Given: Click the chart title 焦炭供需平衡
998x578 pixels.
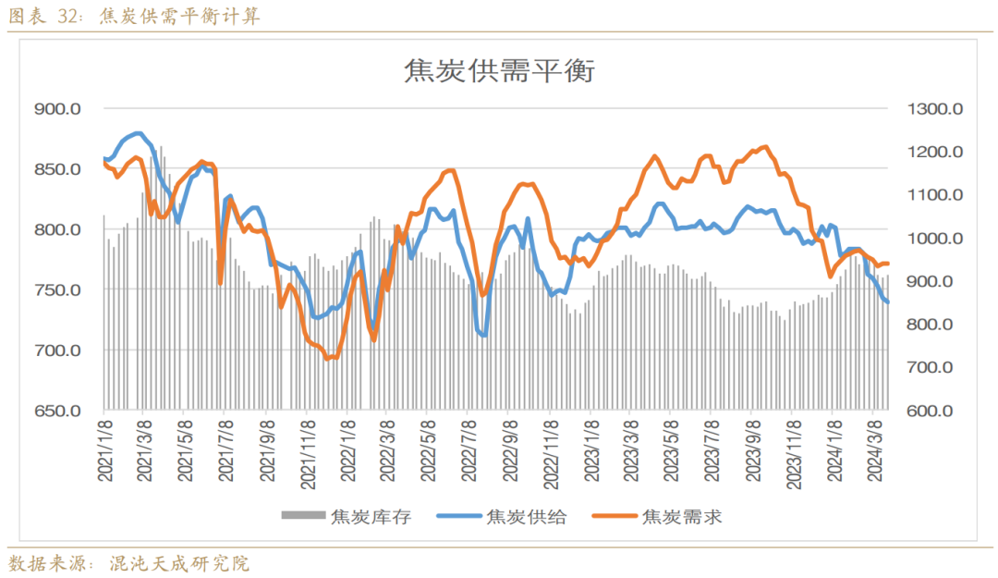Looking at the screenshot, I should click(x=500, y=70).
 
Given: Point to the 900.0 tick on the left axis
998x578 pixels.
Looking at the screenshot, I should click(x=57, y=109).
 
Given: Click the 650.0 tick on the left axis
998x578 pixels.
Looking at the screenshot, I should click(x=57, y=412).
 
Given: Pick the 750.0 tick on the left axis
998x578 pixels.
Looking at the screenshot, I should click(x=57, y=290).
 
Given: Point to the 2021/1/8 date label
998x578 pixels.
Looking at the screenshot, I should click(x=104, y=450).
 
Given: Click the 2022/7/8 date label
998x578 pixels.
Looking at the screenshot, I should click(x=470, y=450).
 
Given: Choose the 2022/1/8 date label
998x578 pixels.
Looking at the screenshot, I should click(x=348, y=450).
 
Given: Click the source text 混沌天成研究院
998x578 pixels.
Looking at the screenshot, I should click(x=180, y=563).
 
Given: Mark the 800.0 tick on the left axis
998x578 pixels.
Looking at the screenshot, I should click(x=57, y=230).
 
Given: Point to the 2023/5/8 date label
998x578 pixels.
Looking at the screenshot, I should click(x=673, y=450).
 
